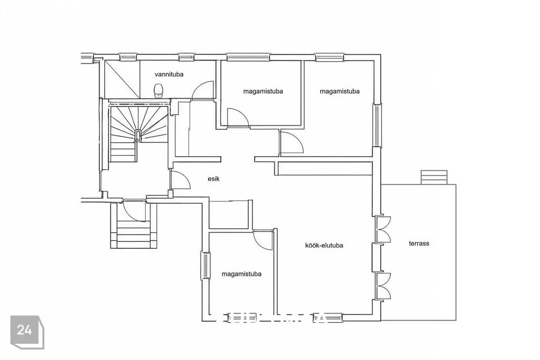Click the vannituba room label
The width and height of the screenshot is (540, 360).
(x=169, y=74)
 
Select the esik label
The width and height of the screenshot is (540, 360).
(x=214, y=179)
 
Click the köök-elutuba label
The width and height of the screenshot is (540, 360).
(x=324, y=245)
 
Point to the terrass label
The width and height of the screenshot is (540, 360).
(x=418, y=243)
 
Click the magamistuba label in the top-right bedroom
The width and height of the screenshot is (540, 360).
(x=340, y=91)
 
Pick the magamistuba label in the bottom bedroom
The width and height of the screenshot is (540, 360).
(x=241, y=274)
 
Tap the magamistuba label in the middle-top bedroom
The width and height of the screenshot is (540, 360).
(x=263, y=91)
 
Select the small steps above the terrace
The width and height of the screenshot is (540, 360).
(x=434, y=177)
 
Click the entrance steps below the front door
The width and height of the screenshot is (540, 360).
(x=134, y=231)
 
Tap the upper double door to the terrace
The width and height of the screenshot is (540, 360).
(x=382, y=229)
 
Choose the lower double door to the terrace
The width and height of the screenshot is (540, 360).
(x=382, y=286)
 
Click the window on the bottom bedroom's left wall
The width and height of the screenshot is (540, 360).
(x=205, y=265)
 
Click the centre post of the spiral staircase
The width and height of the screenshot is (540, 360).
(x=137, y=140)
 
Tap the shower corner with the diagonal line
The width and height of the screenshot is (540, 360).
(x=122, y=79)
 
